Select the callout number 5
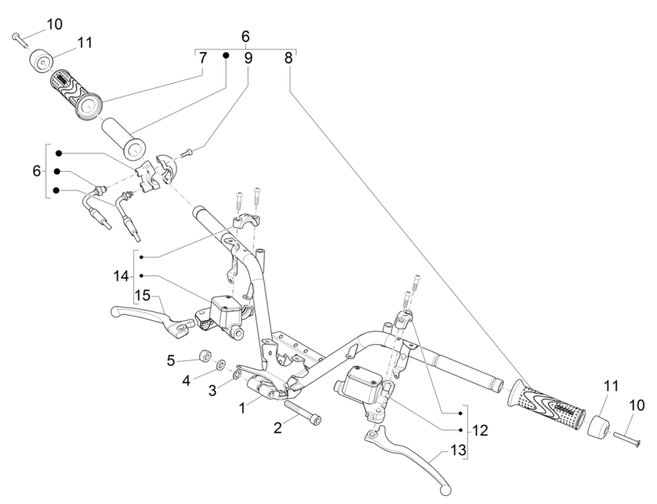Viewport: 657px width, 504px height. pyautogui.click(x=170, y=361)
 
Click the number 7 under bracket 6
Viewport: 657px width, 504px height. pyautogui.click(x=201, y=58)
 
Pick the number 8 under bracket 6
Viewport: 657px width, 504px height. pyautogui.click(x=288, y=58)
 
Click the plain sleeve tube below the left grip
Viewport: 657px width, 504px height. pyautogui.click(x=123, y=133)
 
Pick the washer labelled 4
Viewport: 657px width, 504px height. pyautogui.click(x=221, y=365)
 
